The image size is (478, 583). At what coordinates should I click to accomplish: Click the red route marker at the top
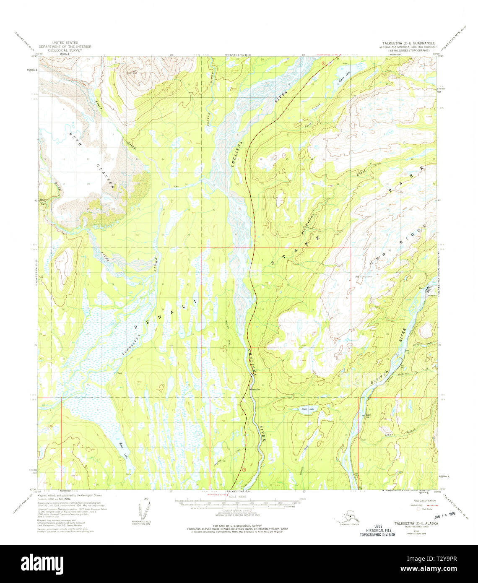pyautogui.click(x=323, y=63)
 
